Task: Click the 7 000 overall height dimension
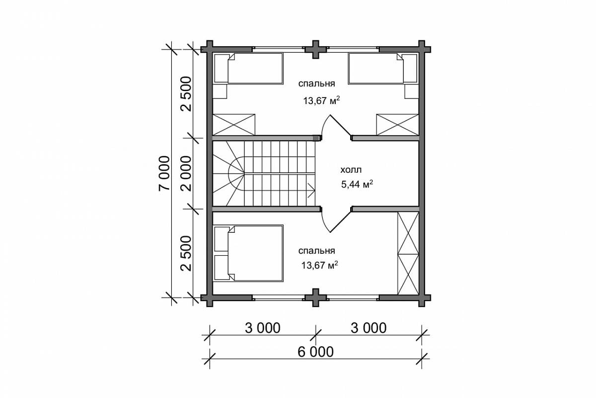tap(164, 173)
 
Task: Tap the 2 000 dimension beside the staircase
tap(186, 173)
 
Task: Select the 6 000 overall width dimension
tap(315, 352)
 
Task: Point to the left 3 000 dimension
tap(263, 328)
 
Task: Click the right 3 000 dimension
tap(369, 328)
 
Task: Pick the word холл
tap(351, 170)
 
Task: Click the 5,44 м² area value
tap(357, 184)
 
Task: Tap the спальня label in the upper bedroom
tap(317, 84)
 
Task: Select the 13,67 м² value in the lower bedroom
tap(320, 265)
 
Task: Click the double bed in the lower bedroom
tap(248, 253)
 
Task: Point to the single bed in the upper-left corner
tap(248, 68)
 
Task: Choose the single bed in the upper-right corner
tap(383, 68)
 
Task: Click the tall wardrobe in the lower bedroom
tap(408, 253)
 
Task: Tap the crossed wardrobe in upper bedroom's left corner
tap(234, 124)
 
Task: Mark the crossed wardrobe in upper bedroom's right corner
tap(397, 124)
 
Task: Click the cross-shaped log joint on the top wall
tap(315, 50)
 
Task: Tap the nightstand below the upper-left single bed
tap(220, 92)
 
